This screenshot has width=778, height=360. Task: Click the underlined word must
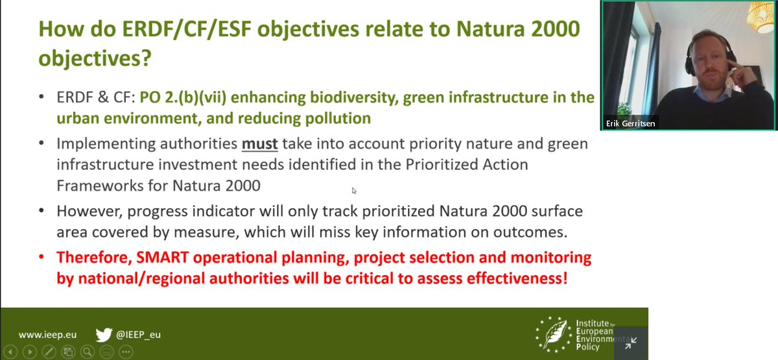(x=259, y=144)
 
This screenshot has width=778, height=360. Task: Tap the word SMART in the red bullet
(x=162, y=258)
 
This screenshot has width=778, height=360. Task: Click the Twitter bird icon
(x=104, y=335)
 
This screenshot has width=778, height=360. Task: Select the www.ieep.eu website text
(x=47, y=335)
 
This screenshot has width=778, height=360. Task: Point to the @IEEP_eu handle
(x=138, y=335)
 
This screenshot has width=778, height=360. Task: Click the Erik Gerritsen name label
(x=630, y=123)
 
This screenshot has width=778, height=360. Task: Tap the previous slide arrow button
(x=10, y=352)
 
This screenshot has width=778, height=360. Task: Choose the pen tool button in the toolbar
(x=49, y=352)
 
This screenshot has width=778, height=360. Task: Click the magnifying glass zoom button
(x=87, y=352)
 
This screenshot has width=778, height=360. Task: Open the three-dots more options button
(x=126, y=352)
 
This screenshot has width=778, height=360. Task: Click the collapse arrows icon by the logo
(x=630, y=343)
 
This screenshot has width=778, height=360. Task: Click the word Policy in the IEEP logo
(x=587, y=346)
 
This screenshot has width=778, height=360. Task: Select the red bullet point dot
(x=41, y=257)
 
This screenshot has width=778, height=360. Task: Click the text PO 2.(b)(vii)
(x=183, y=98)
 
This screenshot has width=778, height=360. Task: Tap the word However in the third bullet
(x=89, y=211)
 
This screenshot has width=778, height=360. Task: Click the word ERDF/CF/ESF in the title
(x=187, y=29)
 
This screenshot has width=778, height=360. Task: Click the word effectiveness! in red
(x=517, y=278)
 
